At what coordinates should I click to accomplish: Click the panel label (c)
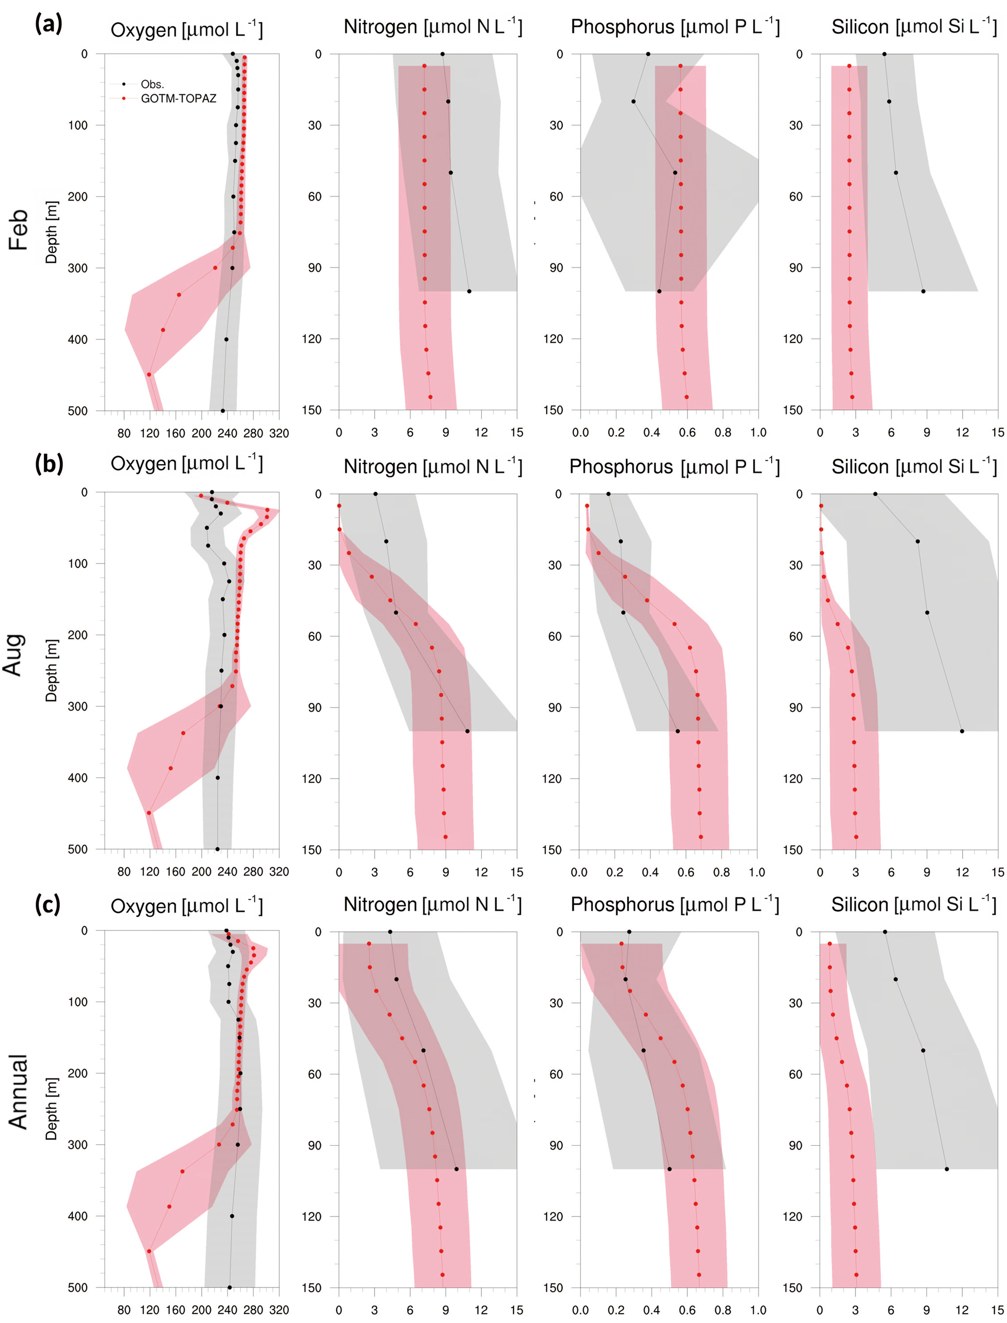point(48,904)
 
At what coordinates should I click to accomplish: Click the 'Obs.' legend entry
point(152,84)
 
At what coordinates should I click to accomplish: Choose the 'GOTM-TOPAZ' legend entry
point(178,98)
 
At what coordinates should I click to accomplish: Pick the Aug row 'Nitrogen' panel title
point(432,466)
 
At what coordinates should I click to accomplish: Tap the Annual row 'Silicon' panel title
point(913,904)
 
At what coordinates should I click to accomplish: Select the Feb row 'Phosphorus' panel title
point(675,26)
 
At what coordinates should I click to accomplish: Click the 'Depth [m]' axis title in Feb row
point(52,232)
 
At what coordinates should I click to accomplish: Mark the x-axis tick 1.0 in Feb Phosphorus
point(758,433)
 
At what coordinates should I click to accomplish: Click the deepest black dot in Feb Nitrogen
point(469,291)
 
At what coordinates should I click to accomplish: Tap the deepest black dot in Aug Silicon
point(962,731)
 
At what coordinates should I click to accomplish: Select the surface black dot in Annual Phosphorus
point(629,932)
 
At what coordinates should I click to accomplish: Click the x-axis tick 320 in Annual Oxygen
point(279,1310)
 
